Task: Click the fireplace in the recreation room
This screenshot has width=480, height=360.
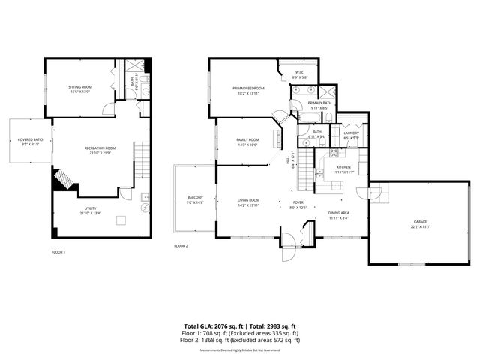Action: click(63, 181)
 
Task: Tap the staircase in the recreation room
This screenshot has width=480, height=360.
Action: click(142, 158)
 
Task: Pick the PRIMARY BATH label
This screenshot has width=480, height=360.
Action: click(319, 105)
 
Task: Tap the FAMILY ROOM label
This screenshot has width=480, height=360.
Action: click(247, 142)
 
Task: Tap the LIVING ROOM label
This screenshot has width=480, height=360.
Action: click(249, 202)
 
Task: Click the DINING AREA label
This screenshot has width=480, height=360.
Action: click(337, 215)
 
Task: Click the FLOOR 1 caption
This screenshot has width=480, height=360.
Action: click(58, 251)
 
